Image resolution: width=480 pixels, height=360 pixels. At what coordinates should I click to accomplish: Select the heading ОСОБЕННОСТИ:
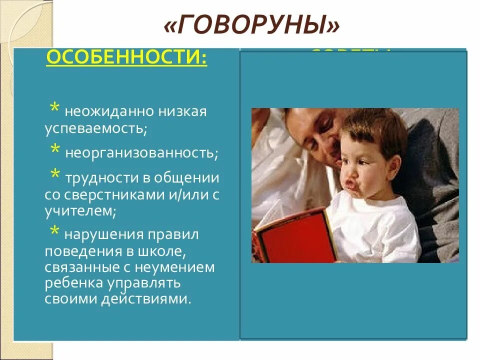[x=126, y=59]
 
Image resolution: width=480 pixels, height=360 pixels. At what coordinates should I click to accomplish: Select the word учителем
[x=79, y=211]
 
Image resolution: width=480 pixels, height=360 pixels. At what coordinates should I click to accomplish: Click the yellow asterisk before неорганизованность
[x=55, y=149]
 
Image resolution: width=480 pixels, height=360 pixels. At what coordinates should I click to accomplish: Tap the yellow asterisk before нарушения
[x=55, y=231]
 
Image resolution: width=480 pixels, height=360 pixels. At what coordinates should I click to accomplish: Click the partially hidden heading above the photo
[x=350, y=51]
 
